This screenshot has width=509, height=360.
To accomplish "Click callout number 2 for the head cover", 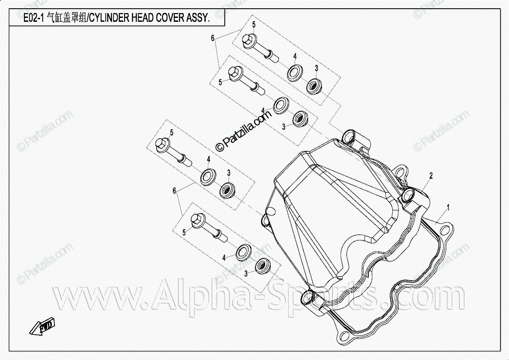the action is click(431, 176).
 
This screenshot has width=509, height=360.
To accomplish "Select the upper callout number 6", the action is click(213, 38).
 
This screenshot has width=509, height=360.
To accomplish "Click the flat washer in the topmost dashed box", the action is click(295, 72).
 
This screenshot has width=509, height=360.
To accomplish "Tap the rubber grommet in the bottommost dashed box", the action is click(262, 265).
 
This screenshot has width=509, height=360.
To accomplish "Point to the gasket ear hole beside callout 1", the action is click(445, 228).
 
